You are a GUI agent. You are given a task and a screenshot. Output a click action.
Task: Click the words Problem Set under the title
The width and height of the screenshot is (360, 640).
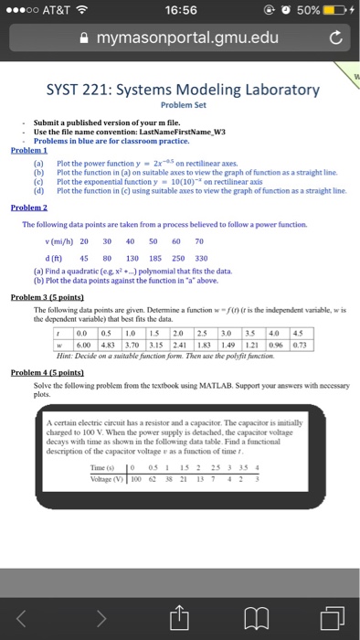tap(179, 104)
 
